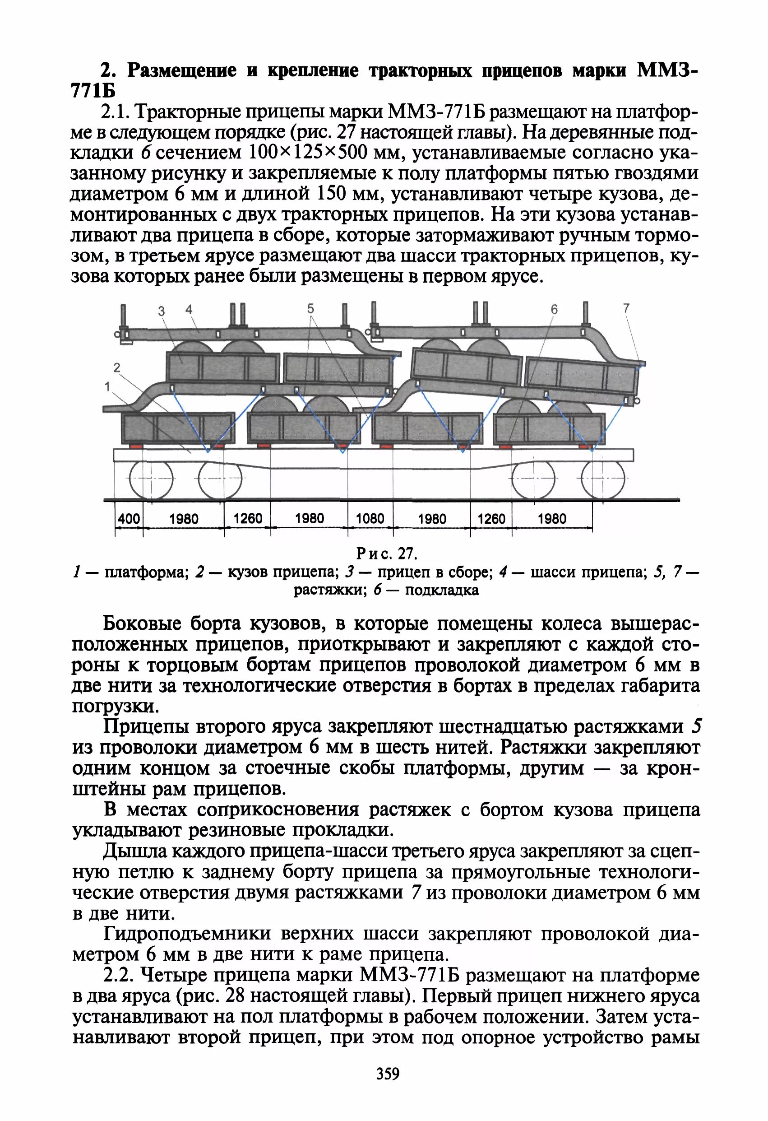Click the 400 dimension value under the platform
(129, 519)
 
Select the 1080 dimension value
(370, 519)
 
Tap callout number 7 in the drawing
(626, 308)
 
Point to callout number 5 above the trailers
(310, 308)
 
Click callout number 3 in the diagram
(162, 311)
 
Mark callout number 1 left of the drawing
(107, 386)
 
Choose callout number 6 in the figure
(554, 309)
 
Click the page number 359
(388, 1074)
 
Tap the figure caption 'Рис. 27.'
(387, 553)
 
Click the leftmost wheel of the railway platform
(151, 479)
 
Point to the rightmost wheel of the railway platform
(603, 479)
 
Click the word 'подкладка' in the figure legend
(442, 591)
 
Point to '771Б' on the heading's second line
(93, 90)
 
